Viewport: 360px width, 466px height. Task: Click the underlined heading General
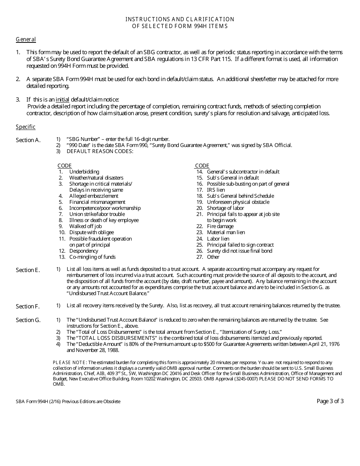point(26,39)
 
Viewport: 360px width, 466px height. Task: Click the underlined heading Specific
point(25,127)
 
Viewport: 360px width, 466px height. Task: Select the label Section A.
point(28,140)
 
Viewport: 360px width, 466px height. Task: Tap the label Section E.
point(28,270)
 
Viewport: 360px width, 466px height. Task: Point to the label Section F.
point(28,306)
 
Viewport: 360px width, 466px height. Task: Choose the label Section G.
point(28,320)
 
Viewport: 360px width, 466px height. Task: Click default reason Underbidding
point(84,172)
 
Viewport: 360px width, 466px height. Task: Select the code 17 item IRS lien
point(216,190)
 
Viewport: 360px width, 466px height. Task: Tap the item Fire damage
point(220,226)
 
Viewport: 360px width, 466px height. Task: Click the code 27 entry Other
point(213,257)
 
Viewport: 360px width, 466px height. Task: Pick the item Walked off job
point(85,226)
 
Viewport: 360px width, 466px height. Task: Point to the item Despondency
point(83,251)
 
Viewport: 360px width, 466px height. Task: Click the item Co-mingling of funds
point(92,257)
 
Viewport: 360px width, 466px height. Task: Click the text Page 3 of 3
point(330,401)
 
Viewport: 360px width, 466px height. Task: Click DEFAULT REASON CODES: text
point(100,151)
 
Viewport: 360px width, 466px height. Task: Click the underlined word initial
point(63,100)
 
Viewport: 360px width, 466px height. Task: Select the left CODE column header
point(64,166)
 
